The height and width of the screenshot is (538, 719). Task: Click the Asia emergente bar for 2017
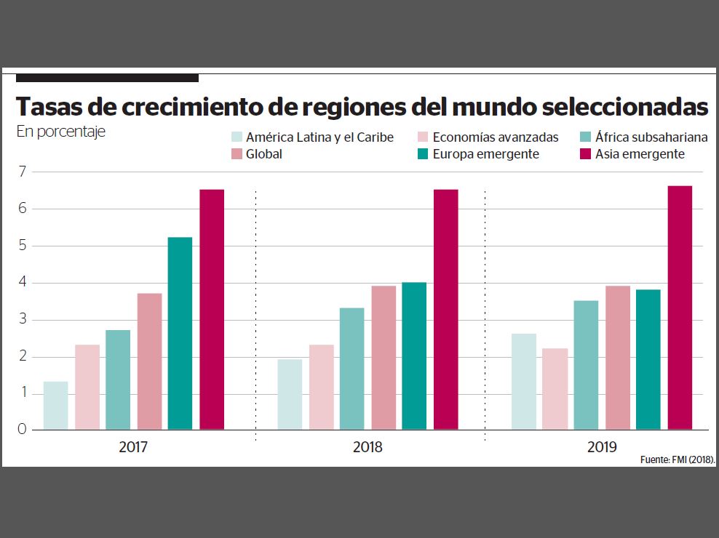(x=212, y=309)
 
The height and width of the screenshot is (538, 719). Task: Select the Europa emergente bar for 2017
(x=180, y=333)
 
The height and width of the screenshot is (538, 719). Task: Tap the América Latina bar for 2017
(x=55, y=405)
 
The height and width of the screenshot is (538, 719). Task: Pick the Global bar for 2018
(x=384, y=357)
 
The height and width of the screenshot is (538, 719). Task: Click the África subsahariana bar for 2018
(x=351, y=369)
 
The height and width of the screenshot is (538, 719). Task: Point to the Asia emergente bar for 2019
(x=680, y=308)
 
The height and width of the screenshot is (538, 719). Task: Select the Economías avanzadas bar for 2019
(x=555, y=389)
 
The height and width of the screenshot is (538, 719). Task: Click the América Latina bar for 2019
(x=523, y=381)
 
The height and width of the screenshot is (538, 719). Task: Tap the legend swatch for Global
(x=236, y=154)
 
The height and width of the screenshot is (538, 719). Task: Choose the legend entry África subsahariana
(x=651, y=137)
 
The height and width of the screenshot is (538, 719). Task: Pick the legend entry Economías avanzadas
(x=495, y=137)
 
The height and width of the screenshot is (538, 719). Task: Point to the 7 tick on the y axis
(x=22, y=172)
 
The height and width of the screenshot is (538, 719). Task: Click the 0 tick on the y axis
(x=22, y=429)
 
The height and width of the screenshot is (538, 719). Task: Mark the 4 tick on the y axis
(x=22, y=283)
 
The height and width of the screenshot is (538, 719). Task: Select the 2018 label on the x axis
(x=368, y=447)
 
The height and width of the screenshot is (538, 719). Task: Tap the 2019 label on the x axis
(x=602, y=447)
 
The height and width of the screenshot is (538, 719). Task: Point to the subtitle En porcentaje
(x=60, y=132)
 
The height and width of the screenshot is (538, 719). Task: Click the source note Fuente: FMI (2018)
(x=678, y=460)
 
